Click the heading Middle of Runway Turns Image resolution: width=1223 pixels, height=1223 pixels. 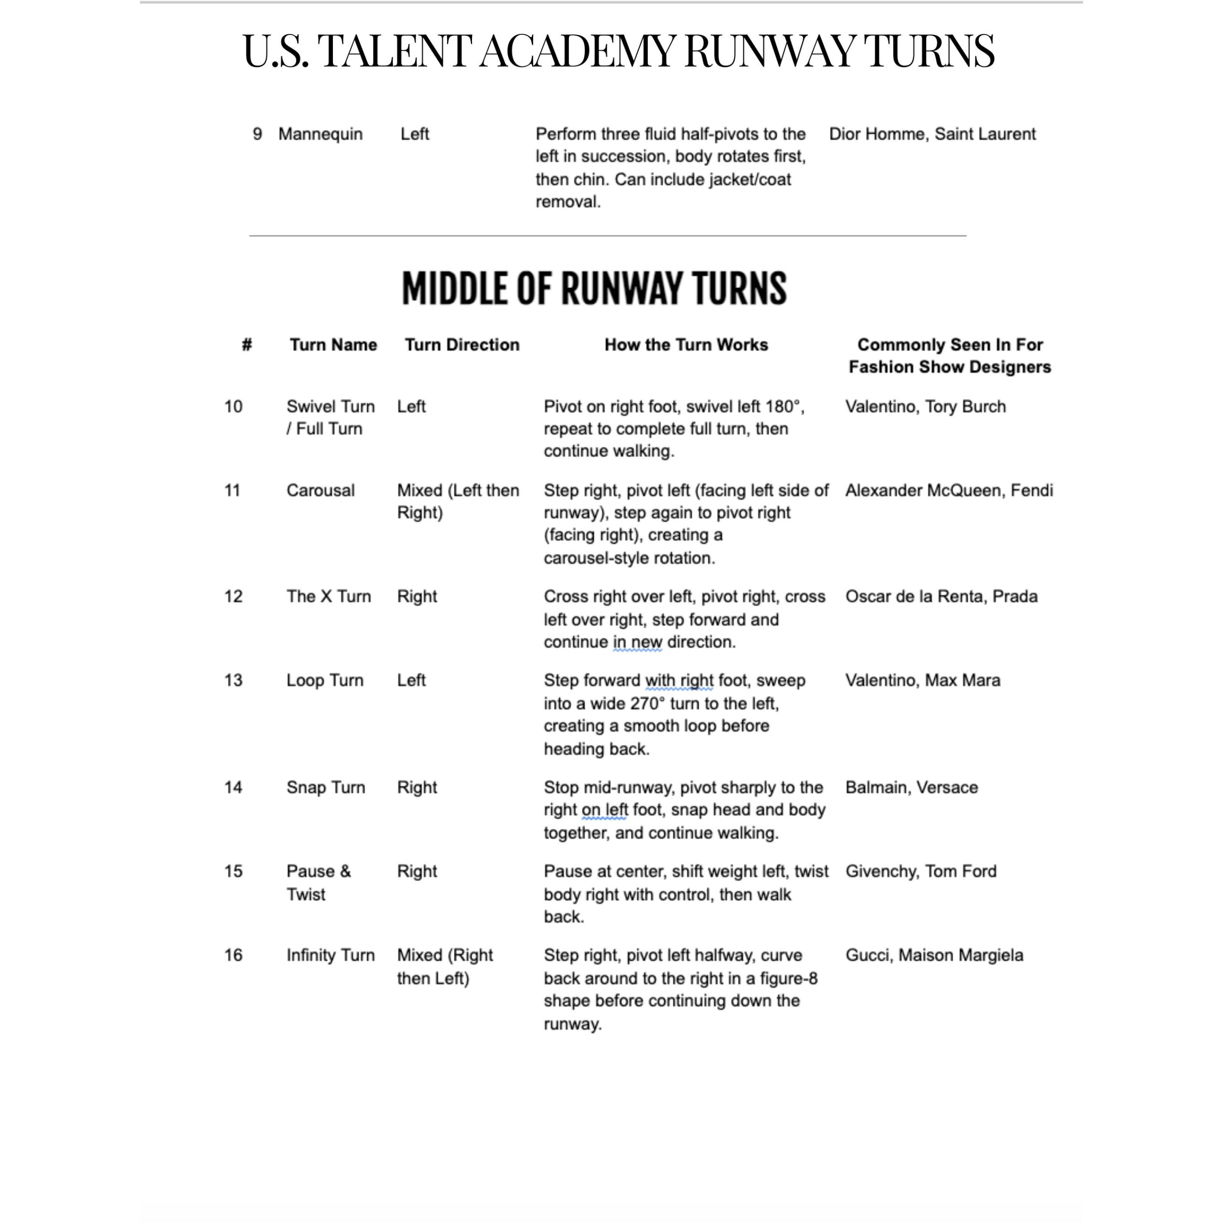(594, 288)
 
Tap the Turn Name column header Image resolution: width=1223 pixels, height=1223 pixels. (333, 344)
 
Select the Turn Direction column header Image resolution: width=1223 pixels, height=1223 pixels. (462, 344)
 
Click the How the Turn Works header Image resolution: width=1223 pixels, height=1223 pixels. (686, 344)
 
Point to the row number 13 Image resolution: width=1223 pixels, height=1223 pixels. (233, 680)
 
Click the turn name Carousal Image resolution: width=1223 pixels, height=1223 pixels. (320, 491)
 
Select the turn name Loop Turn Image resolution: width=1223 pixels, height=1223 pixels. (325, 680)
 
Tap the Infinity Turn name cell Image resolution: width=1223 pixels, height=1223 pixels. (331, 955)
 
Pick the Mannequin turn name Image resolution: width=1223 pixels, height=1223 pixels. (320, 134)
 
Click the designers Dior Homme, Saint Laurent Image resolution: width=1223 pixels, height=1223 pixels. (932, 134)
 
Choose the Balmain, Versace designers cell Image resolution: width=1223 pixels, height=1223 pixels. (912, 787)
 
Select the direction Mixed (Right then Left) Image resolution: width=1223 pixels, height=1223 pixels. (444, 966)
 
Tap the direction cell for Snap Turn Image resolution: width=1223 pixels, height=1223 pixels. (417, 787)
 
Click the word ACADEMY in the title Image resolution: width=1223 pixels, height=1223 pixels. (577, 51)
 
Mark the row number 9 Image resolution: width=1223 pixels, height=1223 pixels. (257, 134)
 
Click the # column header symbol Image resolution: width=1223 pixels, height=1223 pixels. (247, 344)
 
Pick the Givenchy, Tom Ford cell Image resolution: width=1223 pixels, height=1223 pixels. (921, 872)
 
